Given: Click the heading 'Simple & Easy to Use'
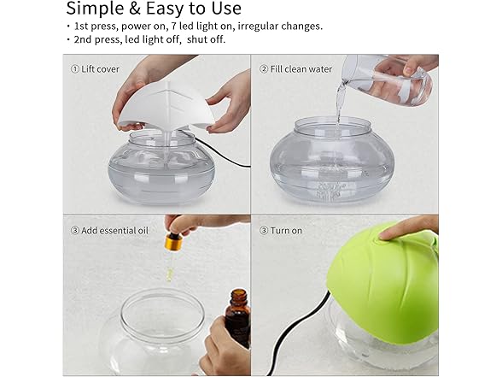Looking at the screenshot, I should tap(153, 10).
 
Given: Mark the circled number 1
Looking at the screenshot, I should tap(74, 68).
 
